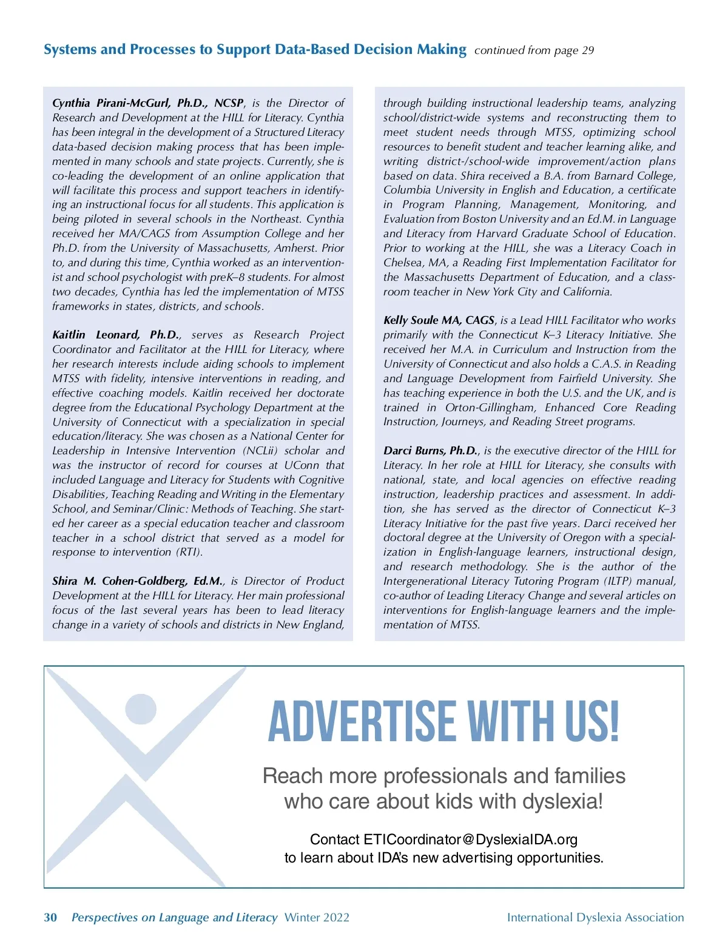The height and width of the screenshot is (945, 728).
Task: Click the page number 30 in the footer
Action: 50,917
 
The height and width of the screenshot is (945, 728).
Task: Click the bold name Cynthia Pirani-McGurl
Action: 111,103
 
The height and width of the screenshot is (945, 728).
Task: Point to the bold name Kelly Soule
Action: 409,320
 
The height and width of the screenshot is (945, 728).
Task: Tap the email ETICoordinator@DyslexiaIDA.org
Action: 470,839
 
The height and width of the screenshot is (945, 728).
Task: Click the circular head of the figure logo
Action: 141,708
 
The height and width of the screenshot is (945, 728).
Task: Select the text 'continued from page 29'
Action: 534,50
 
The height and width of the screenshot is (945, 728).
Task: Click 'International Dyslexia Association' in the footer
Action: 595,918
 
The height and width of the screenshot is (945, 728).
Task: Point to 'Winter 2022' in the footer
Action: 317,918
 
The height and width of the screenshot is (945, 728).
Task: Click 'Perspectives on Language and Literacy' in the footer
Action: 174,918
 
